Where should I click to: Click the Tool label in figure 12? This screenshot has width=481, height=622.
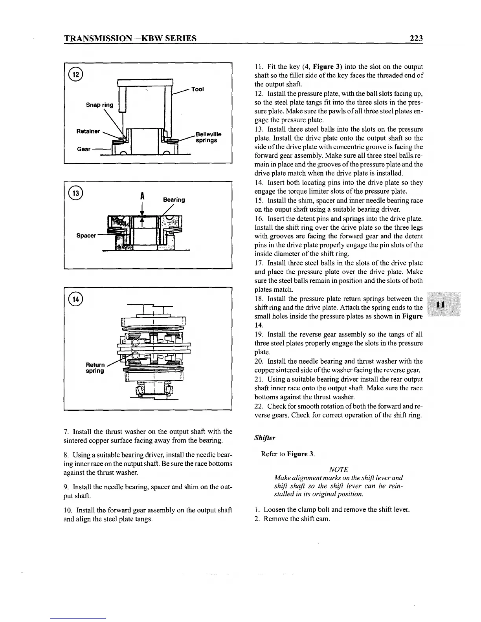(197, 89)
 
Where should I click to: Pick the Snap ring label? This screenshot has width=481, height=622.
(99, 105)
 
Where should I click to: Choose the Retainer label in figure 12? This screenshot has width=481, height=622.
(88, 131)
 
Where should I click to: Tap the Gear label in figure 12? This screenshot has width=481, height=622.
(84, 149)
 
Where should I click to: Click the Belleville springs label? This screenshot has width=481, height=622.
(208, 137)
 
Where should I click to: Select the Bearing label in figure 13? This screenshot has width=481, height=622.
(174, 200)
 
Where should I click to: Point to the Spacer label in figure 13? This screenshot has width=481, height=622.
(86, 236)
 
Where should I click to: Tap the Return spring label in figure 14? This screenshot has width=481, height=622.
(95, 368)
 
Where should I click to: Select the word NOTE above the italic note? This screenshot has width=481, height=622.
(338, 470)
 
